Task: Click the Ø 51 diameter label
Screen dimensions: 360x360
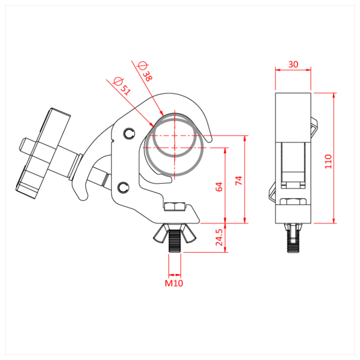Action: coord(122,86)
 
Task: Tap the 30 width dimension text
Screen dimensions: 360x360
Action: coord(293,64)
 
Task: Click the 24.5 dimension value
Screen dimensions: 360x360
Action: coord(219,238)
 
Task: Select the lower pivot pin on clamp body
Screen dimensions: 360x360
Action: coord(123,187)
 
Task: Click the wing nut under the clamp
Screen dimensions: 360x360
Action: coord(174,231)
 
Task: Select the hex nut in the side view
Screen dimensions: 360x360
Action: coord(292,201)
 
